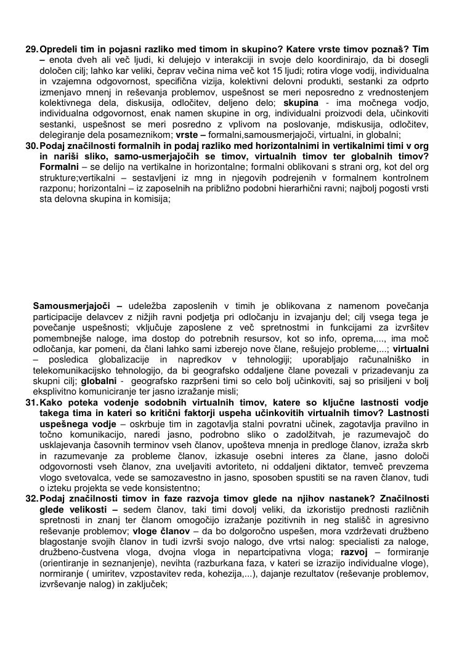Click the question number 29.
pyautogui.click(x=31, y=49)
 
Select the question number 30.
pyautogui.click(x=31, y=145)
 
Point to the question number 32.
pyautogui.click(x=31, y=500)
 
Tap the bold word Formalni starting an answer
pyautogui.click(x=59, y=167)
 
